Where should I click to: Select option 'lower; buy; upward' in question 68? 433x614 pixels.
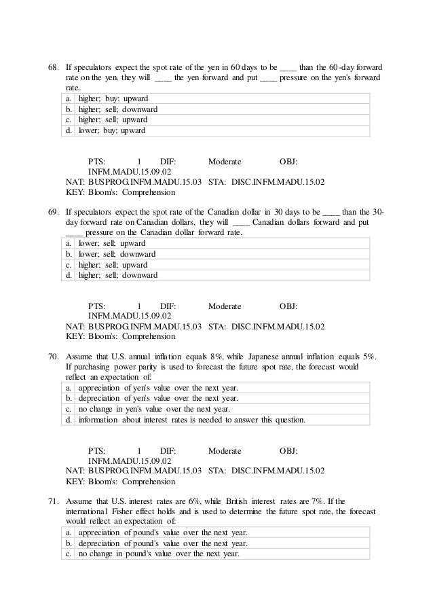coord(112,130)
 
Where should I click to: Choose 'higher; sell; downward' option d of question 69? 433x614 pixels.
coord(118,275)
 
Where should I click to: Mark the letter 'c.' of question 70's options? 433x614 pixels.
coord(69,409)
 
